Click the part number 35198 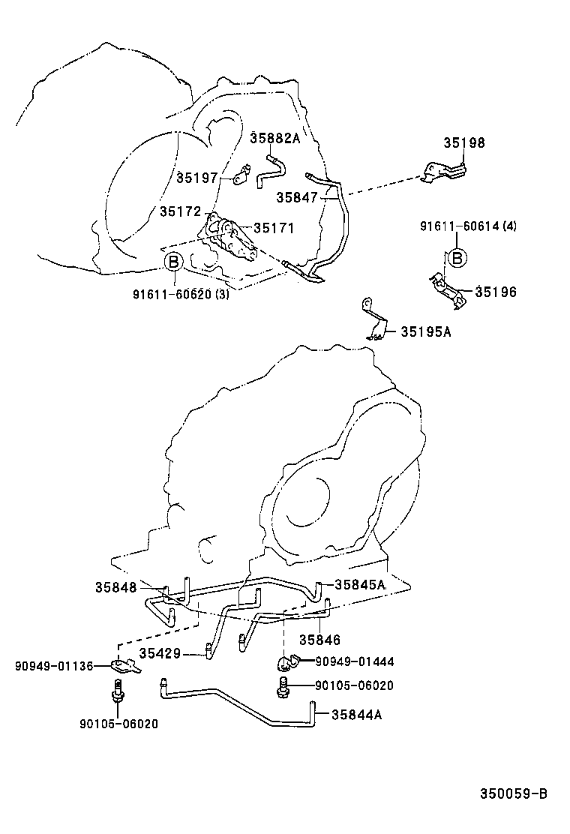[x=463, y=143]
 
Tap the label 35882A [x=274, y=138]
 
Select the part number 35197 [x=197, y=178]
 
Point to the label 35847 [x=296, y=197]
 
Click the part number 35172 [x=180, y=212]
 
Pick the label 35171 [x=274, y=228]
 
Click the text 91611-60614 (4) [x=468, y=226]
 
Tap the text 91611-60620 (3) [x=181, y=294]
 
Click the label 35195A [x=425, y=331]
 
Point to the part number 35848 [x=116, y=587]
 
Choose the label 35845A [x=359, y=584]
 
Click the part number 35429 [x=159, y=654]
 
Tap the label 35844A [x=357, y=715]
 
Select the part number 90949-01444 [x=354, y=661]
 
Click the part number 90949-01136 [x=50, y=665]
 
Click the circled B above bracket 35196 [x=456, y=258]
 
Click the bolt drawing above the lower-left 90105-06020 [x=117, y=690]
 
